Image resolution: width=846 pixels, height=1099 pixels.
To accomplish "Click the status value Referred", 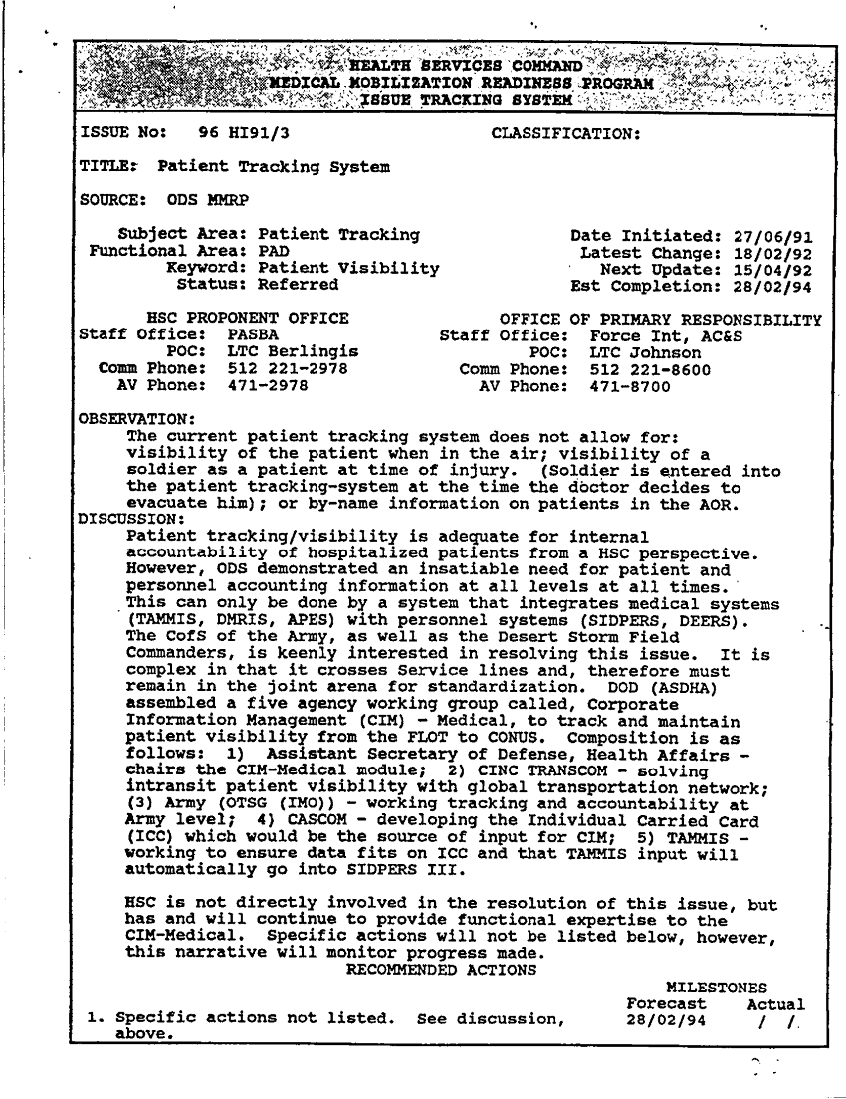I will (298, 285).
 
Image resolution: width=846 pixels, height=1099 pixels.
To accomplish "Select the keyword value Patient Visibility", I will (348, 269).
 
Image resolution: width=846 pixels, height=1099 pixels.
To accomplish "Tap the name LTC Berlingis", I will (293, 352).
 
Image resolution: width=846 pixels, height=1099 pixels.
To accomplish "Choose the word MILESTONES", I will (716, 988).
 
